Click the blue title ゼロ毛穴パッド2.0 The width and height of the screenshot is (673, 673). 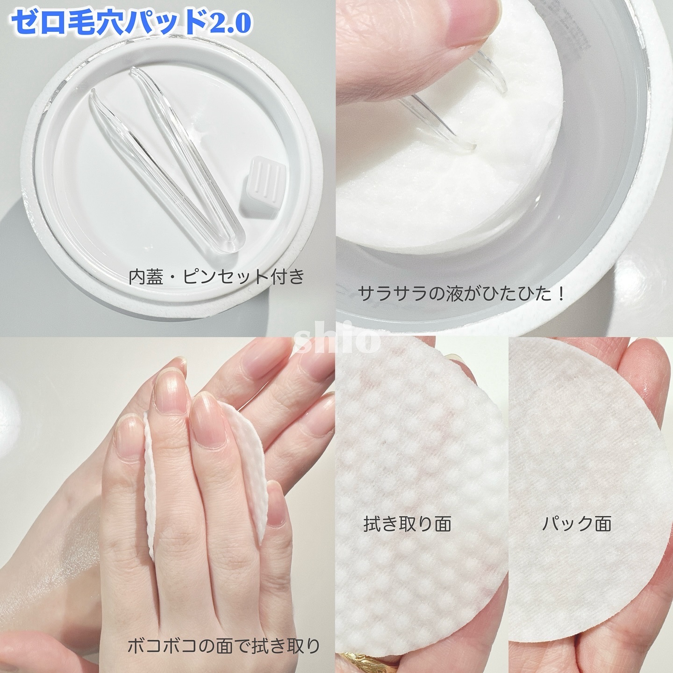click(131, 22)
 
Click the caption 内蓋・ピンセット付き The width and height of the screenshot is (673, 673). click(216, 277)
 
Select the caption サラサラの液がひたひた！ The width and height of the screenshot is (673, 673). click(462, 294)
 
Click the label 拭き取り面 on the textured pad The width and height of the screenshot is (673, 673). click(407, 524)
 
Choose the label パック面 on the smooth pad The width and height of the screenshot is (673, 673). click(577, 524)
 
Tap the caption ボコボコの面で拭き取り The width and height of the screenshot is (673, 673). click(223, 646)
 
